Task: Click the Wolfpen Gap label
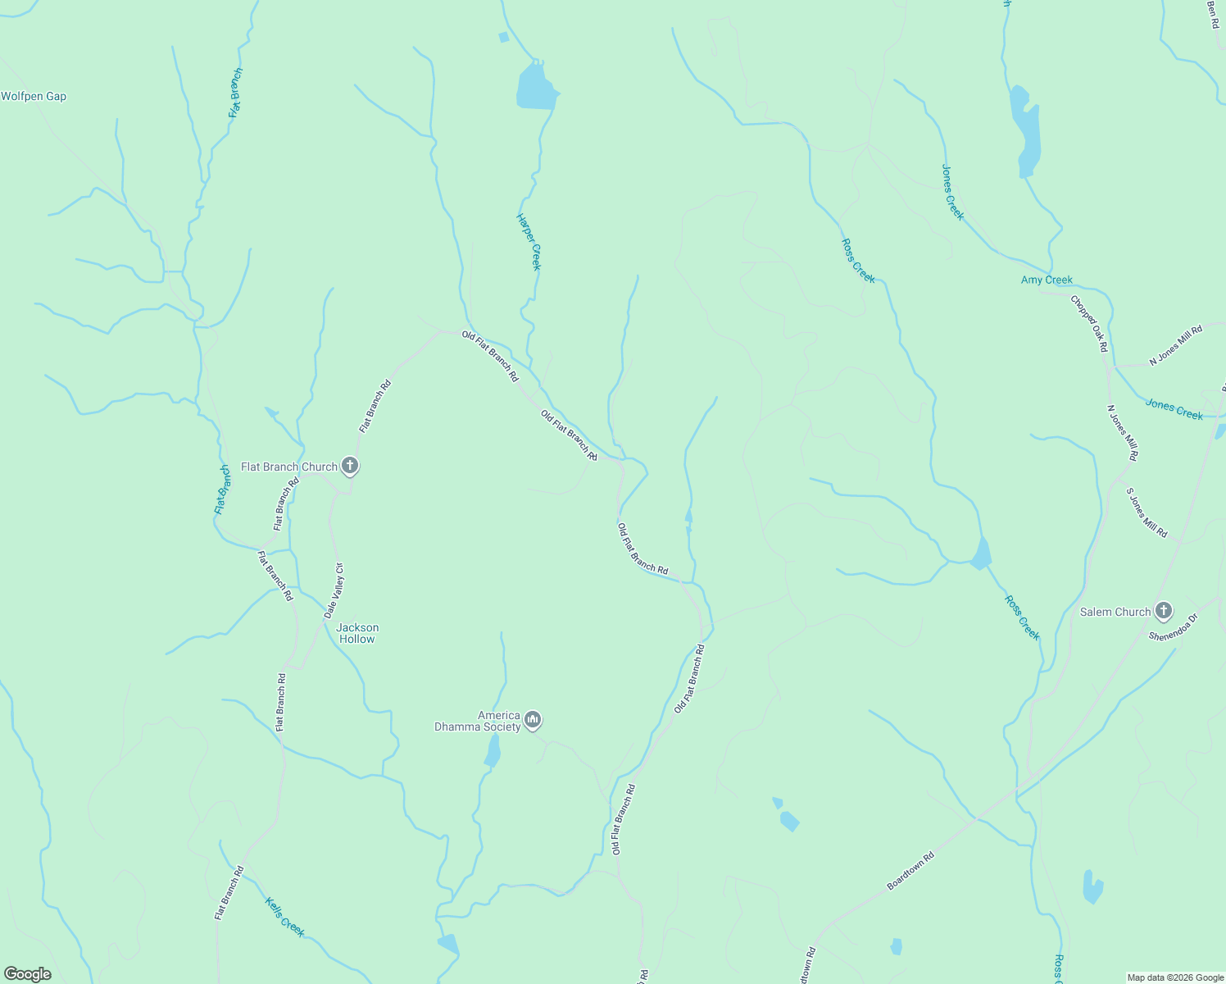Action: [x=34, y=96]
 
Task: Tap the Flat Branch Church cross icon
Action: [x=350, y=467]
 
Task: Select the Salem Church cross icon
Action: [x=1163, y=611]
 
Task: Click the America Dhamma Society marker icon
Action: [x=533, y=720]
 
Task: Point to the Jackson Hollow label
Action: [x=357, y=633]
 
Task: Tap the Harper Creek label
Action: [x=529, y=241]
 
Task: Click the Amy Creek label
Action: [x=1047, y=280]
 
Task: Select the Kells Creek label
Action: [x=285, y=917]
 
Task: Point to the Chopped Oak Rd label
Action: [x=1089, y=323]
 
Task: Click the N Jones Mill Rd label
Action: [x=1175, y=344]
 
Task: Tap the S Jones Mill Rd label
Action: [x=1147, y=512]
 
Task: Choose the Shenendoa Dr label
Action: [x=1173, y=627]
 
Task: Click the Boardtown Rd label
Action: [x=910, y=871]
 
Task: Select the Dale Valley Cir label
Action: [x=334, y=590]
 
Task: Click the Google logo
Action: [x=28, y=974]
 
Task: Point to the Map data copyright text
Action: [x=1174, y=977]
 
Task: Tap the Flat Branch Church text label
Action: [x=289, y=467]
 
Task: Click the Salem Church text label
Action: [x=1115, y=612]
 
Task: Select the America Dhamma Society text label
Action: [x=478, y=721]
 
